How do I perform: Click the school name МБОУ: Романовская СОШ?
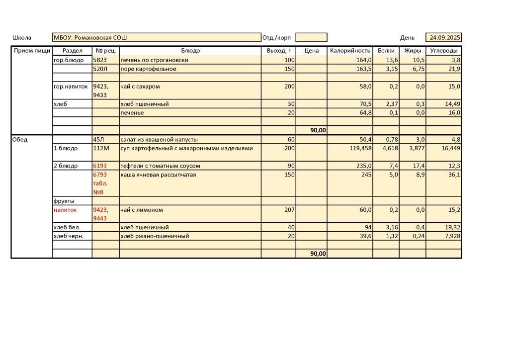(x=90, y=38)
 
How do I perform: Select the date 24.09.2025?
(x=445, y=38)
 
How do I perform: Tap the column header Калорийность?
(x=350, y=51)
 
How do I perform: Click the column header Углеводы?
(x=443, y=51)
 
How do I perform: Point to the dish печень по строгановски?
(x=154, y=60)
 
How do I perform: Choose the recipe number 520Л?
(x=100, y=69)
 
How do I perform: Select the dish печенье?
(x=132, y=113)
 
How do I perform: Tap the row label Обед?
(x=20, y=140)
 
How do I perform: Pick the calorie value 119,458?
(x=359, y=149)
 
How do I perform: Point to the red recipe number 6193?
(x=100, y=166)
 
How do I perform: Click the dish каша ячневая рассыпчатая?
(x=158, y=175)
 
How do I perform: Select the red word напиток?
(x=65, y=210)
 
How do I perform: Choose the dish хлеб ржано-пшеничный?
(x=155, y=236)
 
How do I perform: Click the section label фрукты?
(x=64, y=201)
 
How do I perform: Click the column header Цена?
(x=311, y=51)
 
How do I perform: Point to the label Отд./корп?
(x=276, y=38)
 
